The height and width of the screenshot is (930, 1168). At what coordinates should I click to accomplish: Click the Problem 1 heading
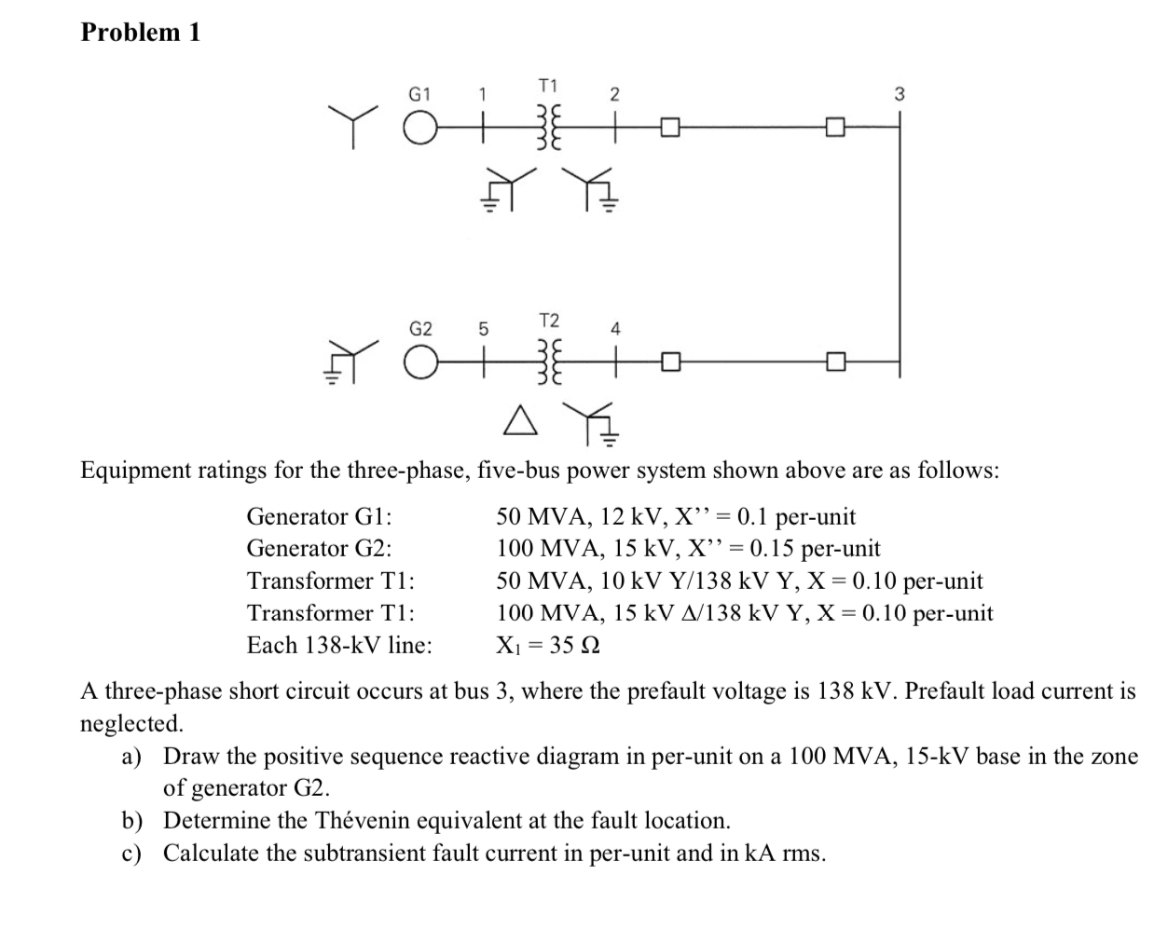pos(141,32)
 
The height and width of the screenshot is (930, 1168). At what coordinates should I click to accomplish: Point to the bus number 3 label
pos(899,93)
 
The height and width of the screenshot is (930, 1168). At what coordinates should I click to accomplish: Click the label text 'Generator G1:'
pos(319,516)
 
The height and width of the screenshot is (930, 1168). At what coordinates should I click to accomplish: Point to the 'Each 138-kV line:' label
pos(339,645)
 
